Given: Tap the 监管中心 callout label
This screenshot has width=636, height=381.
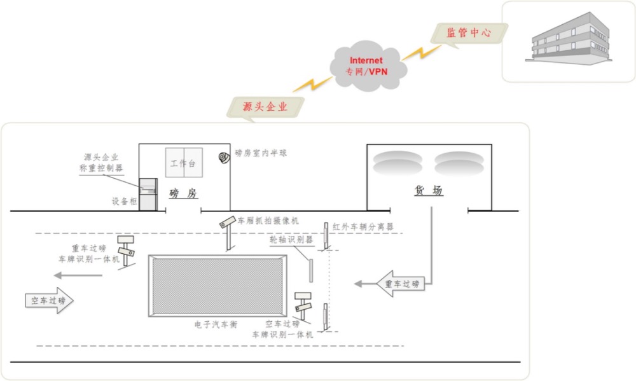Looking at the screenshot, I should pyautogui.click(x=469, y=32).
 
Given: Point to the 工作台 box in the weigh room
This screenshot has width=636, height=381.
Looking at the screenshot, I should pyautogui.click(x=184, y=164).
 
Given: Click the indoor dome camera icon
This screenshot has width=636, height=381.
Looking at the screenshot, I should pyautogui.click(x=224, y=156).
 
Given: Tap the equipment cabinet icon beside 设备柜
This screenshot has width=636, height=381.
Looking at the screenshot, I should pyautogui.click(x=148, y=193).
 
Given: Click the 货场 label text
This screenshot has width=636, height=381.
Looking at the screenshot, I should pyautogui.click(x=428, y=191).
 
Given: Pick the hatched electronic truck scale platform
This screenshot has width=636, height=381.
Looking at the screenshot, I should pyautogui.click(x=218, y=286).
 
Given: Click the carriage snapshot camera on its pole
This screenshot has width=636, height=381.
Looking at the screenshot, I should pyautogui.click(x=226, y=223).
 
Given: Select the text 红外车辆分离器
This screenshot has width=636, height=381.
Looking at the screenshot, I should pyautogui.click(x=363, y=226).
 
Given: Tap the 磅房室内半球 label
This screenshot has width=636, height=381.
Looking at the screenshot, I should pyautogui.click(x=261, y=153).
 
